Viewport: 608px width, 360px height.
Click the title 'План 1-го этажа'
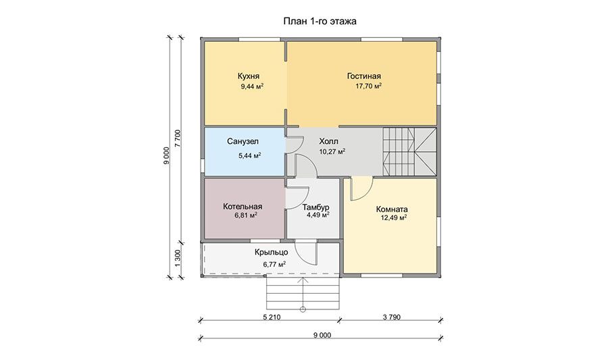point(320,22)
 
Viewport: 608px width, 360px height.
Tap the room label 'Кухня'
point(249,76)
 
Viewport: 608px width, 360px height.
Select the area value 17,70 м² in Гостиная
point(368,86)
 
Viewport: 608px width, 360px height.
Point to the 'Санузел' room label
point(243,142)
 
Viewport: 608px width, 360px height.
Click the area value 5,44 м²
point(250,156)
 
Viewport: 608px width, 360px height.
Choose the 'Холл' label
point(328,141)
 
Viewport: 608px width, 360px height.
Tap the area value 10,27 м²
point(332,151)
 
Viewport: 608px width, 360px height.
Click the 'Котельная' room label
point(243,207)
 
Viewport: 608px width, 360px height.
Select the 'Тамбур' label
point(316,207)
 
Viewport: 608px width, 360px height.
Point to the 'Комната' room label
point(392,209)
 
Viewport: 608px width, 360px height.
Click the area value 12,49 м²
point(394,217)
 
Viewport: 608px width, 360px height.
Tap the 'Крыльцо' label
point(272,253)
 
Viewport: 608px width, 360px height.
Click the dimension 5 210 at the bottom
point(272,317)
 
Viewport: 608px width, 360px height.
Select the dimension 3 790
point(392,317)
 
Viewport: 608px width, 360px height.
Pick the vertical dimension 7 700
point(178,138)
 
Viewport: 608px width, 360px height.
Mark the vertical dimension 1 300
point(178,258)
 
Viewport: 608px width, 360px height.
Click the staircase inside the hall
point(409,152)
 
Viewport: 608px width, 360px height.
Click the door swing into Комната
point(361,188)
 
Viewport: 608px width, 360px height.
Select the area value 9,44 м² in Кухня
point(252,86)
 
